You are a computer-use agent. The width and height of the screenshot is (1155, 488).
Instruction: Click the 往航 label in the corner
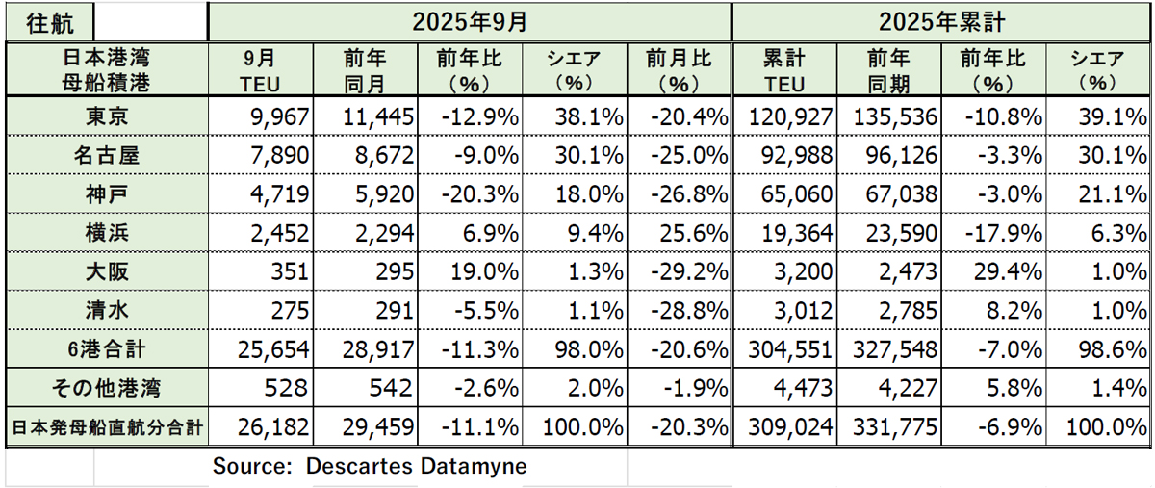(x=48, y=20)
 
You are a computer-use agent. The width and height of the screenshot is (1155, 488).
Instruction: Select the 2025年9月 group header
(x=471, y=20)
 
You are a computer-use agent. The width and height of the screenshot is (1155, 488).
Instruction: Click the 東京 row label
(x=105, y=117)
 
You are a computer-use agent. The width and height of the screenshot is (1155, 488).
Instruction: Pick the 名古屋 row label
(x=105, y=154)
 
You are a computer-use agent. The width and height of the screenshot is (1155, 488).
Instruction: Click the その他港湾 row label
(x=105, y=389)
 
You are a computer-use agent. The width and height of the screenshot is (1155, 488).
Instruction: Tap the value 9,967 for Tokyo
(x=274, y=117)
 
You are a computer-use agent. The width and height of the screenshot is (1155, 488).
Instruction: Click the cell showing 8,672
(x=380, y=154)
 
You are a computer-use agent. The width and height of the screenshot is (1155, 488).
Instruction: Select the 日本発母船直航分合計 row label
(x=105, y=426)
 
